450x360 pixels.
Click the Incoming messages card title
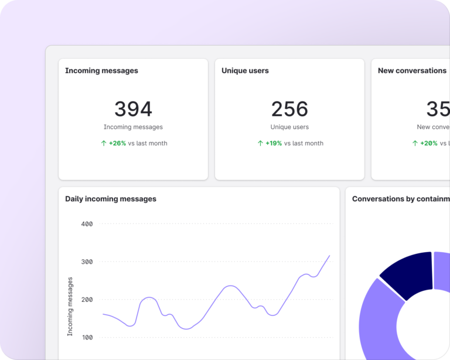101,71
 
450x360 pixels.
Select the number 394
133,109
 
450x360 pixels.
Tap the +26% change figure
117,143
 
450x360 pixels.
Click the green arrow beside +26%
104,143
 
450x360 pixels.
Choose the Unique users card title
245,71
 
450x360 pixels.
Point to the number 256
289,109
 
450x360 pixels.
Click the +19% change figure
274,143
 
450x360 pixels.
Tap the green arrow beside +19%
260,143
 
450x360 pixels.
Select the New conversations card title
412,71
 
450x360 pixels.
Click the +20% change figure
429,143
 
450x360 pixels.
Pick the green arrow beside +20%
415,143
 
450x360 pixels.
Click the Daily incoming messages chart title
111,199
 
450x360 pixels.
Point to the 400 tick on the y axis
87,224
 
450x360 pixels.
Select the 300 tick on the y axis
87,261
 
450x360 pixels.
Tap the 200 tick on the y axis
87,300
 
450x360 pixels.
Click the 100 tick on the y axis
87,338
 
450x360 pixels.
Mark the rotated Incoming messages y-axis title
70,306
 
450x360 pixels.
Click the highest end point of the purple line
329,256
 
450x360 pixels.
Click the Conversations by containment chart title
400,199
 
